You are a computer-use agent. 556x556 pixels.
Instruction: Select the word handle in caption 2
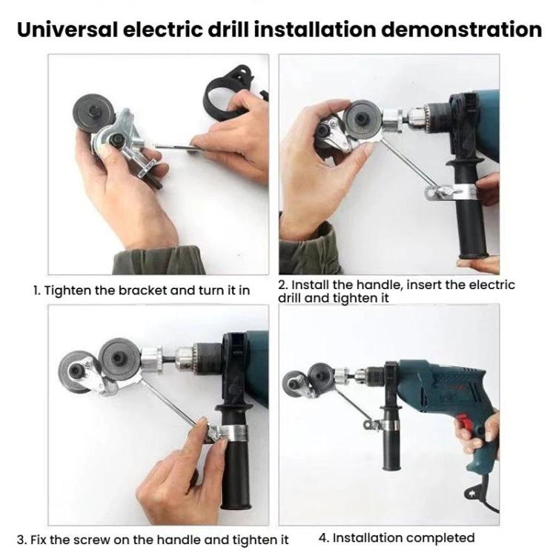pyautogui.click(x=351, y=285)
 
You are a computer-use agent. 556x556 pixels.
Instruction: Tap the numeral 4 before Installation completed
pyautogui.click(x=322, y=537)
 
